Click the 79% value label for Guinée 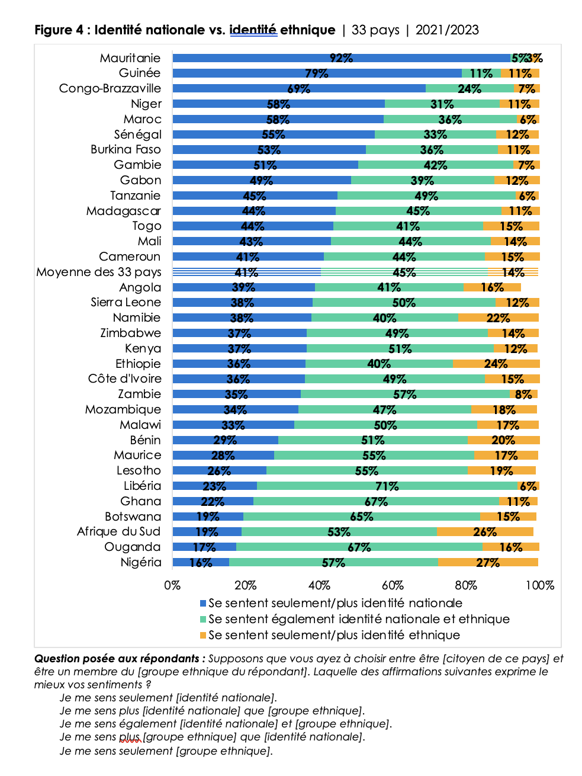[316, 73]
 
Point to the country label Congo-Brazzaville [110, 88]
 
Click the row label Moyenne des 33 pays [98, 272]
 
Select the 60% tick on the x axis [393, 585]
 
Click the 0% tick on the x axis [172, 585]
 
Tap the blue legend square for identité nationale [203, 604]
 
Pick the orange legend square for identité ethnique [203, 636]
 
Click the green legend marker [203, 620]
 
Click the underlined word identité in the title [253, 30]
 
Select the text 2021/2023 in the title [447, 30]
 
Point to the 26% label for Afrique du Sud [484, 532]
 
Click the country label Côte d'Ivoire [125, 379]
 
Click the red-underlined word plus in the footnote [130, 737]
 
